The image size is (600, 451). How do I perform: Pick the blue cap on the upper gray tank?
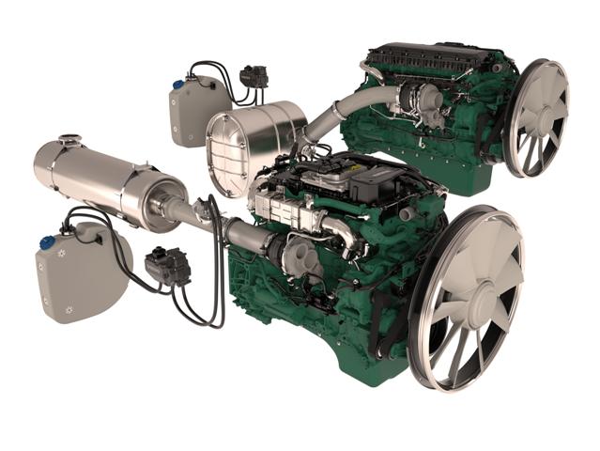click(177, 85)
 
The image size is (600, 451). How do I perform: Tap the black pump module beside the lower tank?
click(168, 267)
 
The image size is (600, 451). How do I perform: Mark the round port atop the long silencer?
click(67, 142)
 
